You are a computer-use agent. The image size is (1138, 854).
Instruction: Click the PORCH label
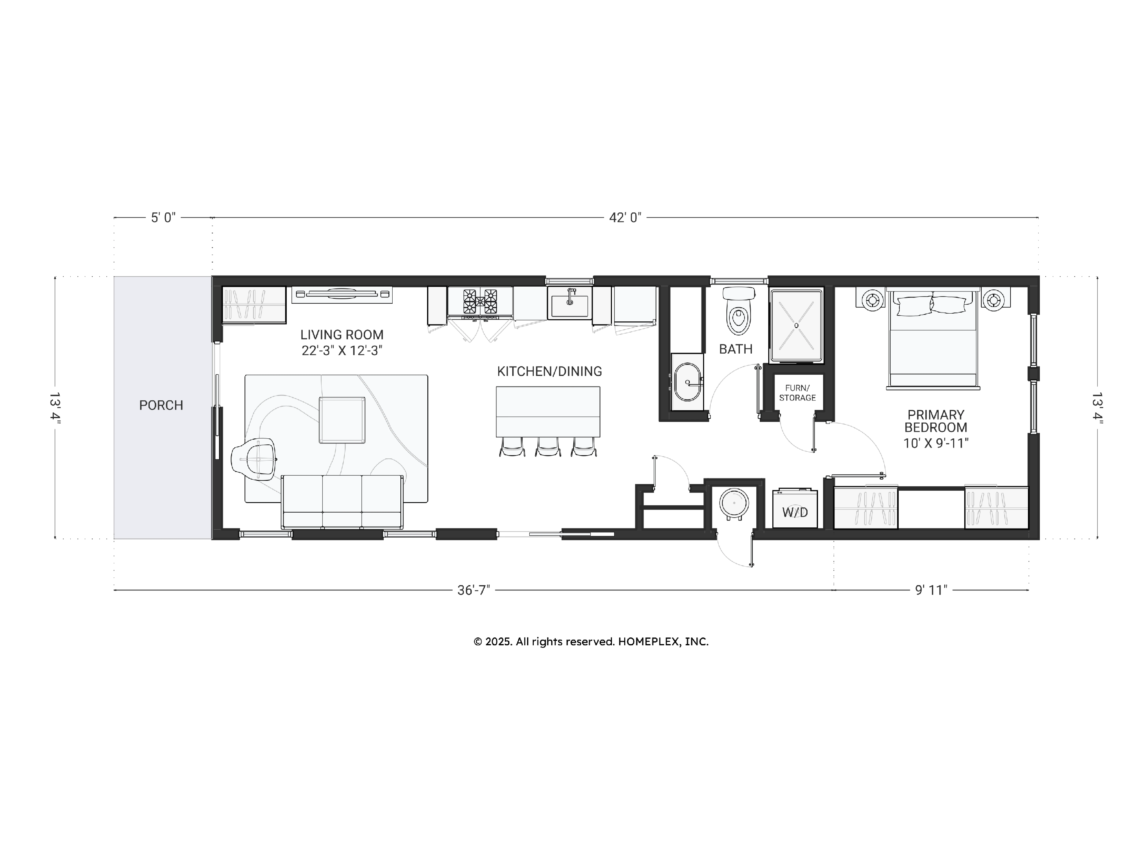coord(161,405)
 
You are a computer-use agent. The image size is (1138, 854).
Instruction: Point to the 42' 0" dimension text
coord(625,218)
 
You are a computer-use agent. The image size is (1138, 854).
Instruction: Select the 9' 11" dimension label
coord(931,590)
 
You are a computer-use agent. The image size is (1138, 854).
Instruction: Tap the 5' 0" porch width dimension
coord(163,218)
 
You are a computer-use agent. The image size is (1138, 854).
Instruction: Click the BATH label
coord(736,349)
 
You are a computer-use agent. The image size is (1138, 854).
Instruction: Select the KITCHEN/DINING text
coord(549,371)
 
